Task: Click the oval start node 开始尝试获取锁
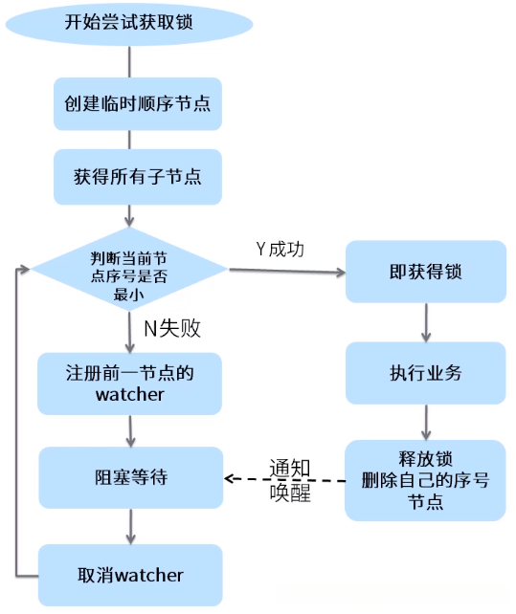(x=130, y=23)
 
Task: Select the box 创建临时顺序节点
(x=137, y=104)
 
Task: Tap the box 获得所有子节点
(x=137, y=177)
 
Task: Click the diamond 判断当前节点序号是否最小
(x=129, y=271)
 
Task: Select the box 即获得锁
(x=425, y=272)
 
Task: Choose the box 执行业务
(x=425, y=372)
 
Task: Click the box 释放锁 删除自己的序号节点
(x=425, y=479)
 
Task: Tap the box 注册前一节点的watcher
(x=130, y=383)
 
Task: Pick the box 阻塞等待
(x=130, y=476)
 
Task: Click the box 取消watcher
(x=130, y=575)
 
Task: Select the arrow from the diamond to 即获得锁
(x=287, y=271)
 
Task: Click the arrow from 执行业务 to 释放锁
(x=425, y=421)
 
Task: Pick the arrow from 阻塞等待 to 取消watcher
(x=129, y=524)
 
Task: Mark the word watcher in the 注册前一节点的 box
(x=130, y=394)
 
